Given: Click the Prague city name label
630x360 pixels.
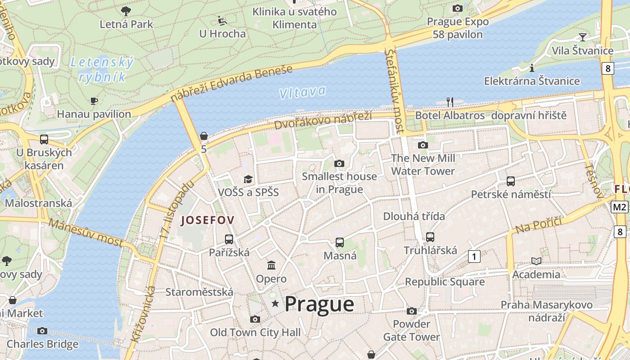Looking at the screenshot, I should point(319,304).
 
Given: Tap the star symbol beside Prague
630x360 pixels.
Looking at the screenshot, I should point(275,304).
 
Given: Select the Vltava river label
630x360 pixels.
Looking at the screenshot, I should point(302,92).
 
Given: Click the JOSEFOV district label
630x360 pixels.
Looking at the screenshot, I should point(207,220).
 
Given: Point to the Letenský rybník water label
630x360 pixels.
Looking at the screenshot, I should point(102,70).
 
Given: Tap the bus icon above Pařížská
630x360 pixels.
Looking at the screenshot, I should point(229,239).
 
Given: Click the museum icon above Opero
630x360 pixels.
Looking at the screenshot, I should point(271,265).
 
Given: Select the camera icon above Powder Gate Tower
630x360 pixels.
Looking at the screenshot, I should point(411,311).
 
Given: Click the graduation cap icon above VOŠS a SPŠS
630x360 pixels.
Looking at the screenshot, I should point(248,179).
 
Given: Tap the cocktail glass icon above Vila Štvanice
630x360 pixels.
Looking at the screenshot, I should point(583,37).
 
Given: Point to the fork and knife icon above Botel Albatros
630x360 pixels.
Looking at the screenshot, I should point(450,102).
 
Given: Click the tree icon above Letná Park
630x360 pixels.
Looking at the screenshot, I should point(126,11).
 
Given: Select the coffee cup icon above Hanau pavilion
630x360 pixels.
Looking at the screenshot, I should point(94,101).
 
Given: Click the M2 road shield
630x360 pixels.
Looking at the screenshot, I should point(620,207).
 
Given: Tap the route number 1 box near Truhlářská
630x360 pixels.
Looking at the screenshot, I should point(474,256).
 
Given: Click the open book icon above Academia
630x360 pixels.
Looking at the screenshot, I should point(536,261).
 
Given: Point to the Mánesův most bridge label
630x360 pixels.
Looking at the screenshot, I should point(85,233).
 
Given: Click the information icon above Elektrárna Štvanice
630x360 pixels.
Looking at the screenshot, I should point(532,68).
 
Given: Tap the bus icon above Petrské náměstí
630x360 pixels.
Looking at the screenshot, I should point(511,181).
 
